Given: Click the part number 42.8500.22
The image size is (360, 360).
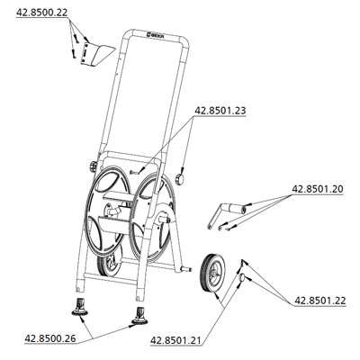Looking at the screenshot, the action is coord(42,13).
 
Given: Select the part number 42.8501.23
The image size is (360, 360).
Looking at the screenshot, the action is coord(220,111).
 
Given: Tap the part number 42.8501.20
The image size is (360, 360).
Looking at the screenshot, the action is coord(318,189).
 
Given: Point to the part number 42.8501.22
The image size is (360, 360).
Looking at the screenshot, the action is coord(320,301).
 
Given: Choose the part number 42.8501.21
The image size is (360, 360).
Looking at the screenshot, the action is coord(175,341).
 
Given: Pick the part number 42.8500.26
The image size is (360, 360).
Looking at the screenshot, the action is coord(50,338).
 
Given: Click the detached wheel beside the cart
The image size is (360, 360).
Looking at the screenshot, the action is coord(213,273).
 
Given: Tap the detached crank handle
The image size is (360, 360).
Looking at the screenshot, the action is coord(227,213).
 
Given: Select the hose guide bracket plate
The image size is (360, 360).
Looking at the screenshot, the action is coord(97,54).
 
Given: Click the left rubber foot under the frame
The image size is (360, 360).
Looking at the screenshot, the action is coord(79,307).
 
